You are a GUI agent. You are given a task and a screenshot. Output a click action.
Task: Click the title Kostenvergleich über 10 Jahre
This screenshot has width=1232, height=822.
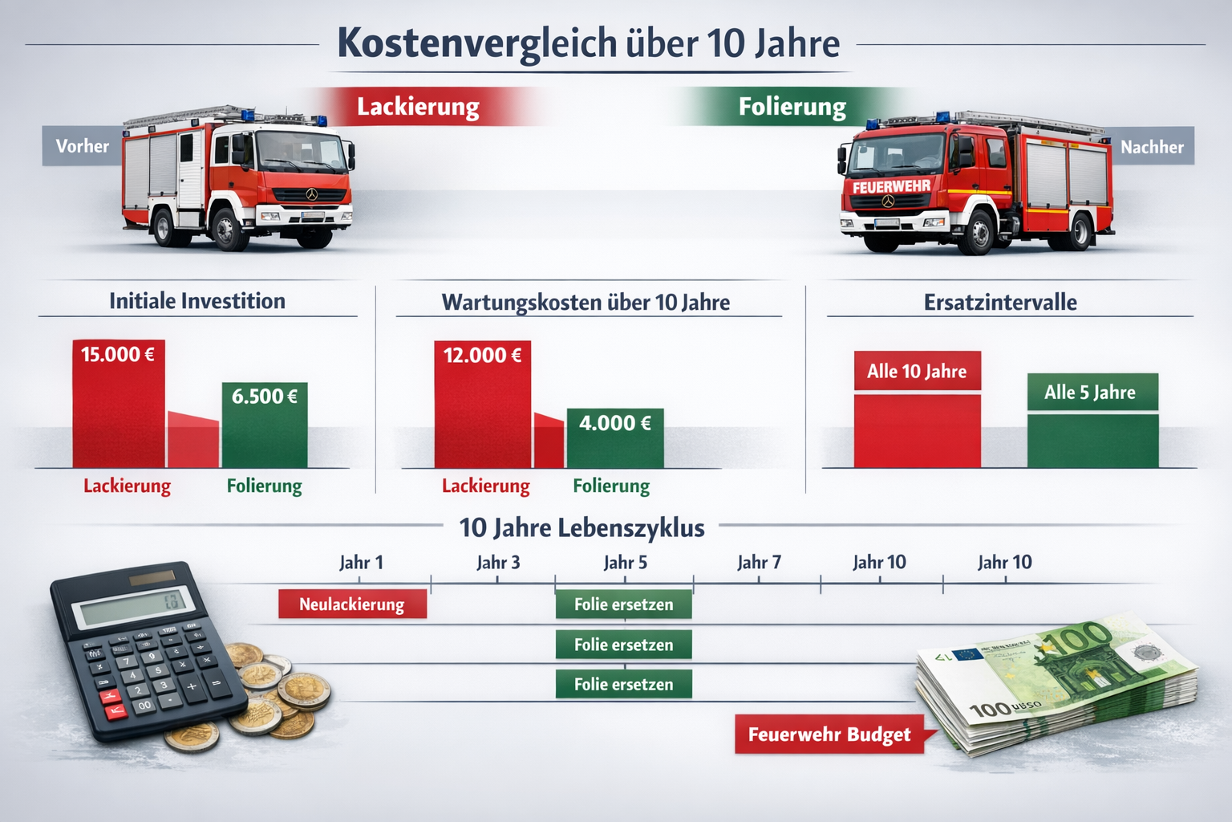pos(588,43)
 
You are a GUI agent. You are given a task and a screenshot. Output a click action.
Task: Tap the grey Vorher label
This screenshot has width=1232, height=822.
pos(82,146)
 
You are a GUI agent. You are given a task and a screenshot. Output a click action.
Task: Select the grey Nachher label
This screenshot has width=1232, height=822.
pos(1152,147)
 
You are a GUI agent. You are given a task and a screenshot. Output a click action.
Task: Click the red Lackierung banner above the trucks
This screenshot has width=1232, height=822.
pos(418,107)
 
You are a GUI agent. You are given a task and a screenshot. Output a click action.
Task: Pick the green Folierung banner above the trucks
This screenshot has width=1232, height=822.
pos(792,107)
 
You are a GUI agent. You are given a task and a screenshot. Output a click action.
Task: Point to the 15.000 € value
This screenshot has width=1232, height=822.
pos(118,354)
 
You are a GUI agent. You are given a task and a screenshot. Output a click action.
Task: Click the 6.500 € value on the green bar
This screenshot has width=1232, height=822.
pos(265,396)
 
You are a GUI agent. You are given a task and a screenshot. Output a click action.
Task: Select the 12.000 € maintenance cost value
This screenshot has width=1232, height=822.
pos(482,355)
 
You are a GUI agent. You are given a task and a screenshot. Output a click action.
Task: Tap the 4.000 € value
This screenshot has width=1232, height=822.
pos(615,423)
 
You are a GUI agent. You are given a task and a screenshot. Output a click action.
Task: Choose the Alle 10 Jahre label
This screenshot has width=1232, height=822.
pos(917,371)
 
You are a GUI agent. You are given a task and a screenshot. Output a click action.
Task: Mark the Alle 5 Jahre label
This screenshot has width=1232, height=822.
pos(1090,393)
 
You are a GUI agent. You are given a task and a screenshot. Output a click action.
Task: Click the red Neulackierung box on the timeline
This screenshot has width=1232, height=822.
pos(352,604)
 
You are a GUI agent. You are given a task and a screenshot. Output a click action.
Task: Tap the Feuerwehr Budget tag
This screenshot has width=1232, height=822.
pos(829,735)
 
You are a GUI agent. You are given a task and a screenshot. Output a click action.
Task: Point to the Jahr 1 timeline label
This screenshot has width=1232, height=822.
pos(361,562)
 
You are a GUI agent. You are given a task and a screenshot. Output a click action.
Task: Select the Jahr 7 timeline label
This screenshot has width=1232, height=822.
pos(759,562)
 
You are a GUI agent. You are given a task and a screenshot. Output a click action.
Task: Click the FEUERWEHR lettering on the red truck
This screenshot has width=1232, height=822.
pos(891,187)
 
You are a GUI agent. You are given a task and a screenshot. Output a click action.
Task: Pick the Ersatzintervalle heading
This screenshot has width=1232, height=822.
pos(1000,303)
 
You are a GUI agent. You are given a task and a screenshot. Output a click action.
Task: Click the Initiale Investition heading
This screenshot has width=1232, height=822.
pos(197,301)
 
